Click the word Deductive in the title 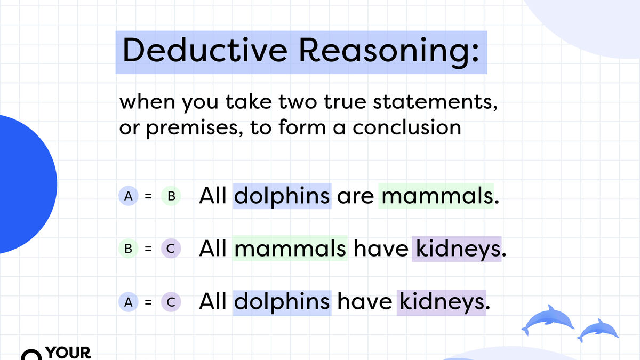click(205, 50)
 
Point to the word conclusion click(407, 127)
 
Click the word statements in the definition click(435, 102)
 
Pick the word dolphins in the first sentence click(282, 196)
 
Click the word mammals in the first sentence click(438, 196)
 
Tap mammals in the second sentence click(290, 249)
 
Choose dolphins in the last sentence click(282, 302)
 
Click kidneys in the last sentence click(442, 302)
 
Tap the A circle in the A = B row click(129, 196)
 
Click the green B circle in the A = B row click(171, 196)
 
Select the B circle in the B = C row click(129, 249)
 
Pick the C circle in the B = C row click(171, 249)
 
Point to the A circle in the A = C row click(129, 302)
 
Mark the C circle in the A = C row click(171, 302)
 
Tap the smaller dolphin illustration click(598, 330)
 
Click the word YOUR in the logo click(68, 353)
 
